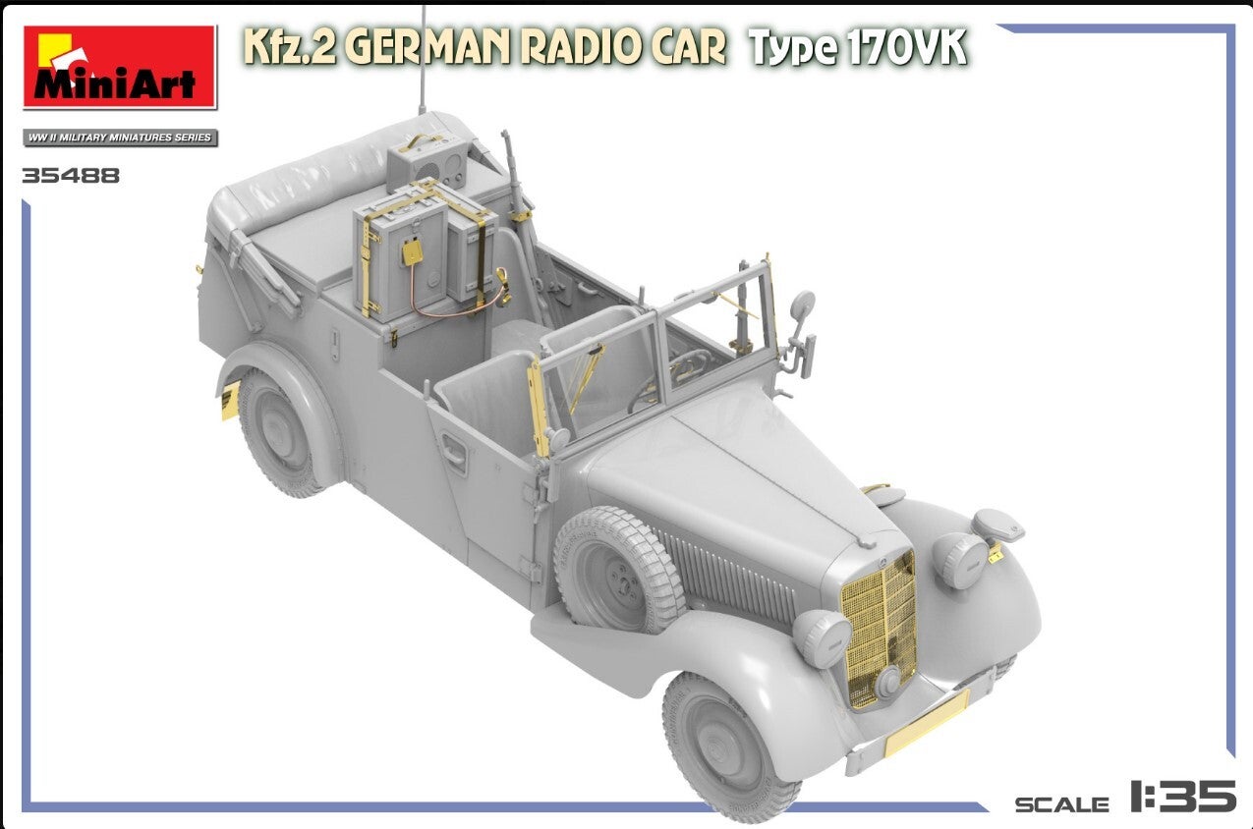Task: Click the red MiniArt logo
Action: pyautogui.click(x=120, y=67)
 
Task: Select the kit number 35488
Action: pyautogui.click(x=71, y=176)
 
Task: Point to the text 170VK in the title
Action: pyautogui.click(x=906, y=47)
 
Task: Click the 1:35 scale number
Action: pyautogui.click(x=1182, y=796)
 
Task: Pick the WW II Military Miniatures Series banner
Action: pyautogui.click(x=120, y=138)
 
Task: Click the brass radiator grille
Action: pyautogui.click(x=880, y=629)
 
